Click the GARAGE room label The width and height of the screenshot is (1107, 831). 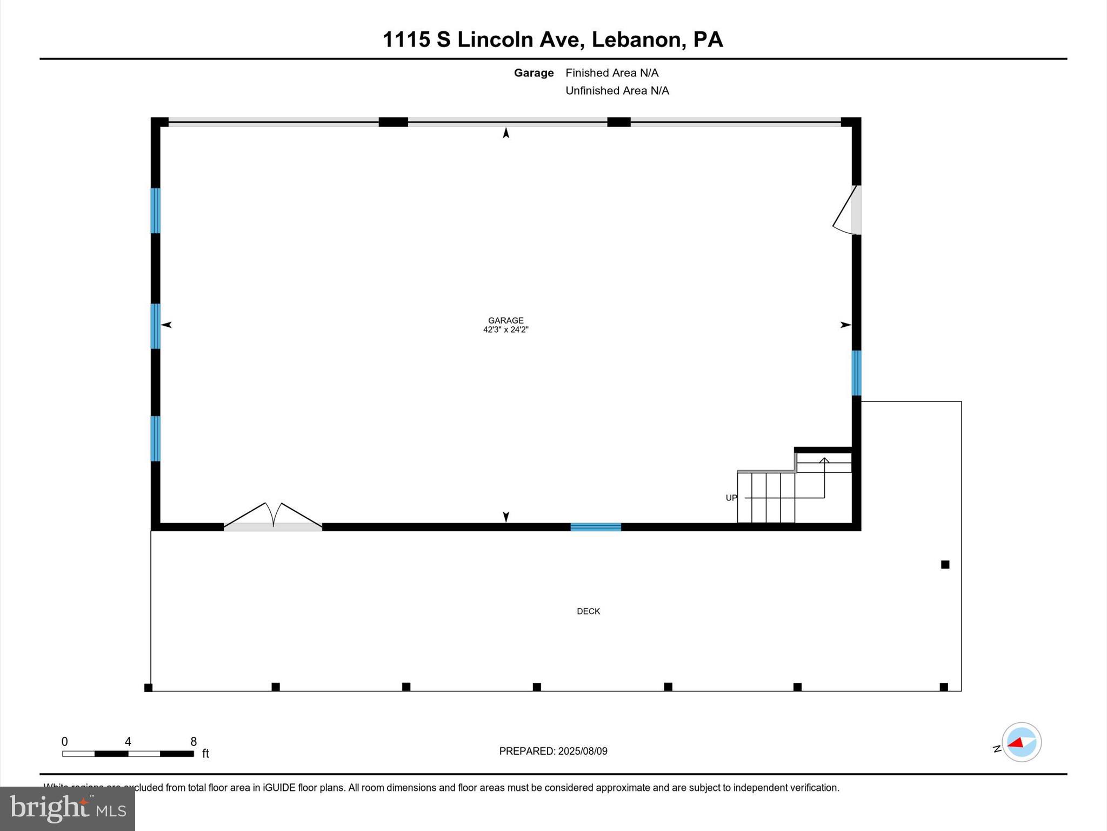click(x=505, y=320)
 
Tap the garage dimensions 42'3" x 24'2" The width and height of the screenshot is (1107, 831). click(x=505, y=329)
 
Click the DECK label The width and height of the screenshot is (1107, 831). click(x=588, y=611)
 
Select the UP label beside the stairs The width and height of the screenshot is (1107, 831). click(x=731, y=498)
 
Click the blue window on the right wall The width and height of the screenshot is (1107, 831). click(x=856, y=373)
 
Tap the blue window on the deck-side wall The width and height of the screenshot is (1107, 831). click(x=596, y=527)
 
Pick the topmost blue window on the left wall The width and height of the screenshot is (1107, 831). click(x=155, y=210)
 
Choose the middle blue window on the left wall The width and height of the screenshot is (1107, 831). click(x=155, y=326)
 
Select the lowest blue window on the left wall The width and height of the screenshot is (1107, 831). click(x=155, y=438)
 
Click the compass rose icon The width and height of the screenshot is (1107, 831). click(x=1021, y=742)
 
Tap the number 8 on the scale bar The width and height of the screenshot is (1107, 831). click(x=194, y=742)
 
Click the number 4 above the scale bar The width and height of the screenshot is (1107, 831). click(x=128, y=742)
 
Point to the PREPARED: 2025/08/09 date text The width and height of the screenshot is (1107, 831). click(x=553, y=751)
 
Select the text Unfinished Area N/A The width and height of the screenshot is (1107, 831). click(x=617, y=90)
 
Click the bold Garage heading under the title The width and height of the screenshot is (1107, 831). click(x=534, y=73)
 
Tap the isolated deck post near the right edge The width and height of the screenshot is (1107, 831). click(x=945, y=564)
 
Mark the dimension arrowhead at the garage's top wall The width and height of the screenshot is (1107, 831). click(x=506, y=133)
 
